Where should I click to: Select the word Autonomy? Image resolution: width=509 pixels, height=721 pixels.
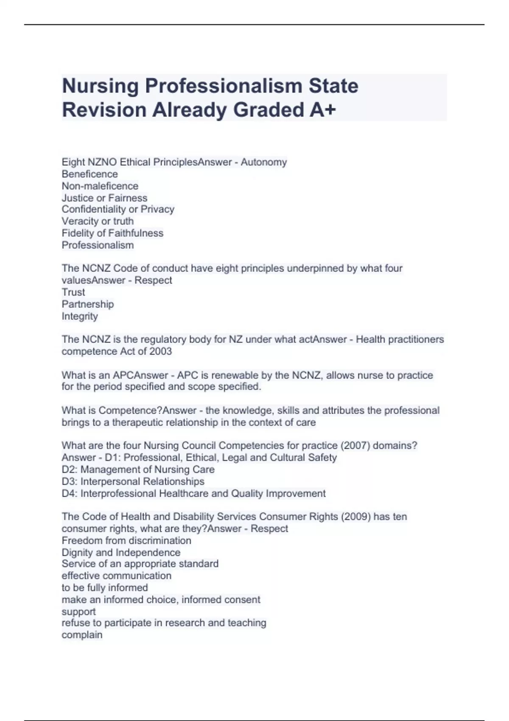pyautogui.click(x=264, y=162)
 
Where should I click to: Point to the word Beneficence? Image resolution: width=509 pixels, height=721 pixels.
pyautogui.click(x=90, y=174)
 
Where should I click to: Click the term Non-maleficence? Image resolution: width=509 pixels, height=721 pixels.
pyautogui.click(x=100, y=186)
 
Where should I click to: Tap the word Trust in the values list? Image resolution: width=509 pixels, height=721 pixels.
pyautogui.click(x=73, y=292)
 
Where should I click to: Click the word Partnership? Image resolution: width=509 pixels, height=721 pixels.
pyautogui.click(x=88, y=304)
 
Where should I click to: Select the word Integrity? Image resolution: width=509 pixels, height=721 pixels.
pyautogui.click(x=80, y=316)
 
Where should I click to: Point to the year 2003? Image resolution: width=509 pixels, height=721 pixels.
pyautogui.click(x=161, y=351)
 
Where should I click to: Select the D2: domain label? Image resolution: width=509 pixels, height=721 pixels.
pyautogui.click(x=70, y=469)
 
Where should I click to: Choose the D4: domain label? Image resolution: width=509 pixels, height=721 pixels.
pyautogui.click(x=70, y=493)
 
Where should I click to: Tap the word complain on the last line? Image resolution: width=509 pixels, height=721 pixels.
pyautogui.click(x=82, y=635)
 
